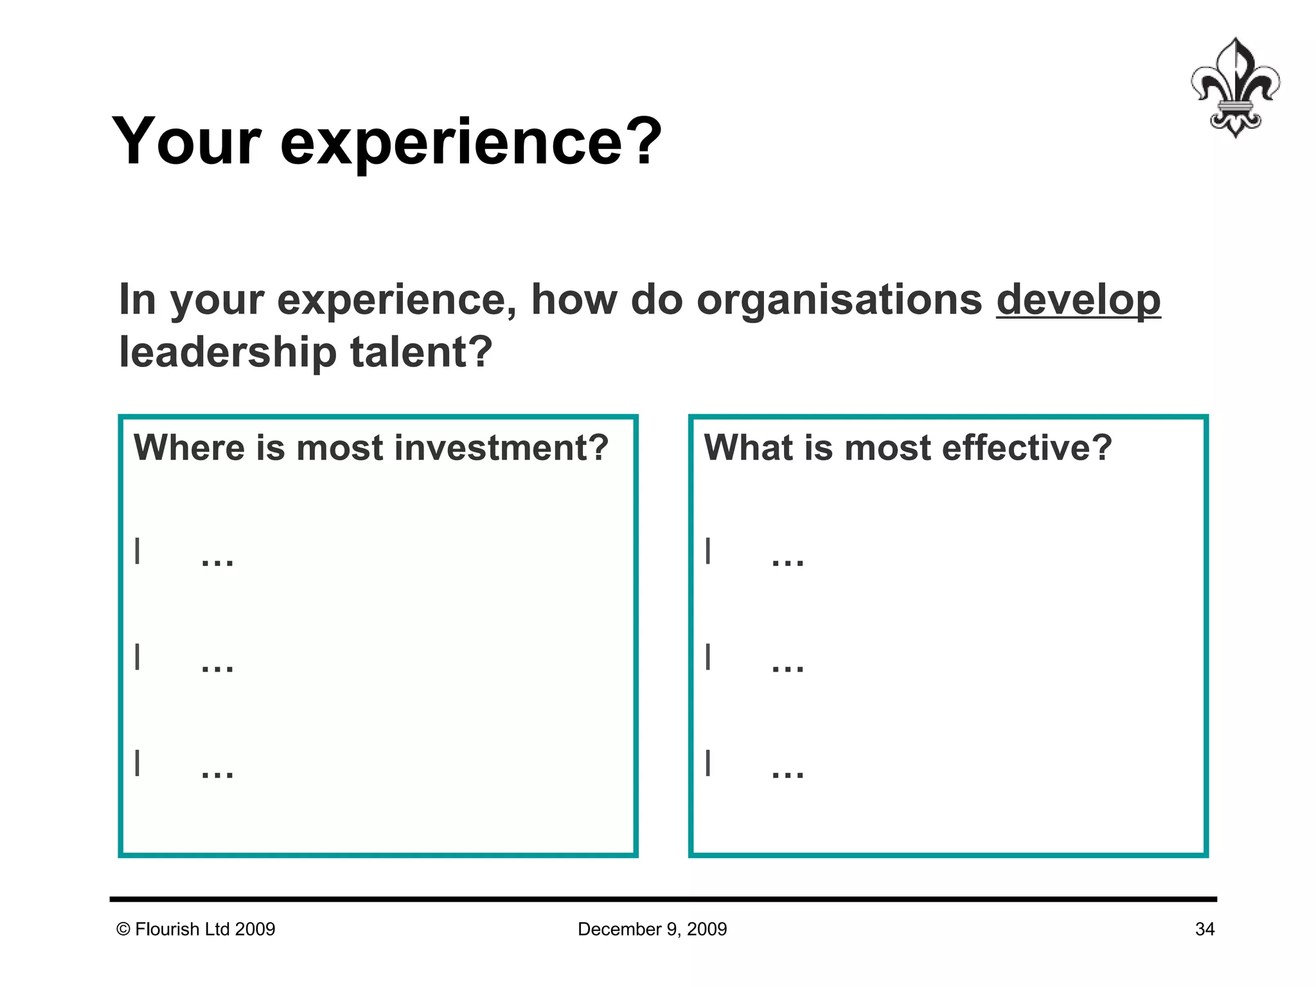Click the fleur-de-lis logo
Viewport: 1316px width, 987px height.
pyautogui.click(x=1234, y=88)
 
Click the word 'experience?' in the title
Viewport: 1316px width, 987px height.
pyautogui.click(x=470, y=142)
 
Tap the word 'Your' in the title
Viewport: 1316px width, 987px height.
pyautogui.click(x=187, y=142)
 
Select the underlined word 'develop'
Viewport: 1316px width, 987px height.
pyautogui.click(x=1078, y=300)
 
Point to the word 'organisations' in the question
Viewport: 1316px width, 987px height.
pyautogui.click(x=839, y=300)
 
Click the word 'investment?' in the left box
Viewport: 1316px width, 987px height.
pyautogui.click(x=501, y=448)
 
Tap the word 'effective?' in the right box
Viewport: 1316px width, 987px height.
pyautogui.click(x=1026, y=448)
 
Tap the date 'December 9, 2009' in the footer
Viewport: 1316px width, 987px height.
pyautogui.click(x=652, y=929)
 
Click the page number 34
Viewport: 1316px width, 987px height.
pyautogui.click(x=1204, y=929)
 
